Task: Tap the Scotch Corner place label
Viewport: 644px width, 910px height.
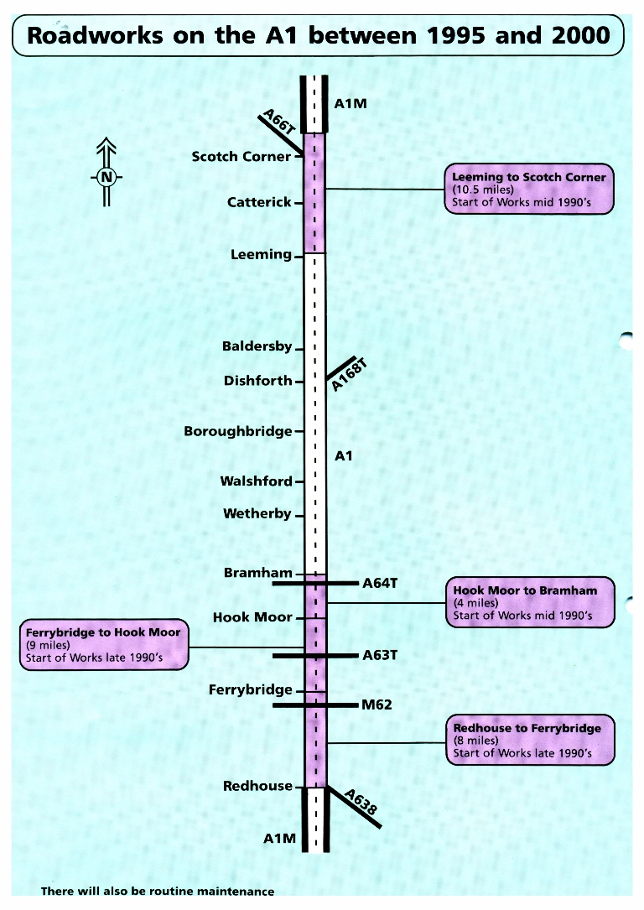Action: click(241, 157)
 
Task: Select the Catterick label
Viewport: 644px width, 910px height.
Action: click(259, 202)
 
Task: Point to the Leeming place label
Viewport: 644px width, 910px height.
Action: click(261, 254)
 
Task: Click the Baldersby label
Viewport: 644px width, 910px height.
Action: click(257, 346)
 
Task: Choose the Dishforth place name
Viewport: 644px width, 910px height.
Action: click(257, 381)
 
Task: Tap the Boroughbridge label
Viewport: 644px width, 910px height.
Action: click(238, 432)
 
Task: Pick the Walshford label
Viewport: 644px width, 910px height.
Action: click(256, 481)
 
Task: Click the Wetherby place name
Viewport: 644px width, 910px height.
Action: click(257, 513)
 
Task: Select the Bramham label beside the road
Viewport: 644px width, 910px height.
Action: click(257, 574)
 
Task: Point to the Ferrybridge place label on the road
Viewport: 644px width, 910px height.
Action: click(250, 690)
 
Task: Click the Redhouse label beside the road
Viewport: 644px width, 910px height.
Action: click(257, 787)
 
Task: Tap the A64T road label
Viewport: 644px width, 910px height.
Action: click(379, 583)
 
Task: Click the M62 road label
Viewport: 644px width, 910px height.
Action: click(377, 705)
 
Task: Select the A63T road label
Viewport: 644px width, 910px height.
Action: click(379, 655)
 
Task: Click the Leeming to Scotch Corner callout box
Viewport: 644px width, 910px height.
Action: click(528, 190)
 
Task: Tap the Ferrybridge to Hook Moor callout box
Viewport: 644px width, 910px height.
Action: click(103, 645)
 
